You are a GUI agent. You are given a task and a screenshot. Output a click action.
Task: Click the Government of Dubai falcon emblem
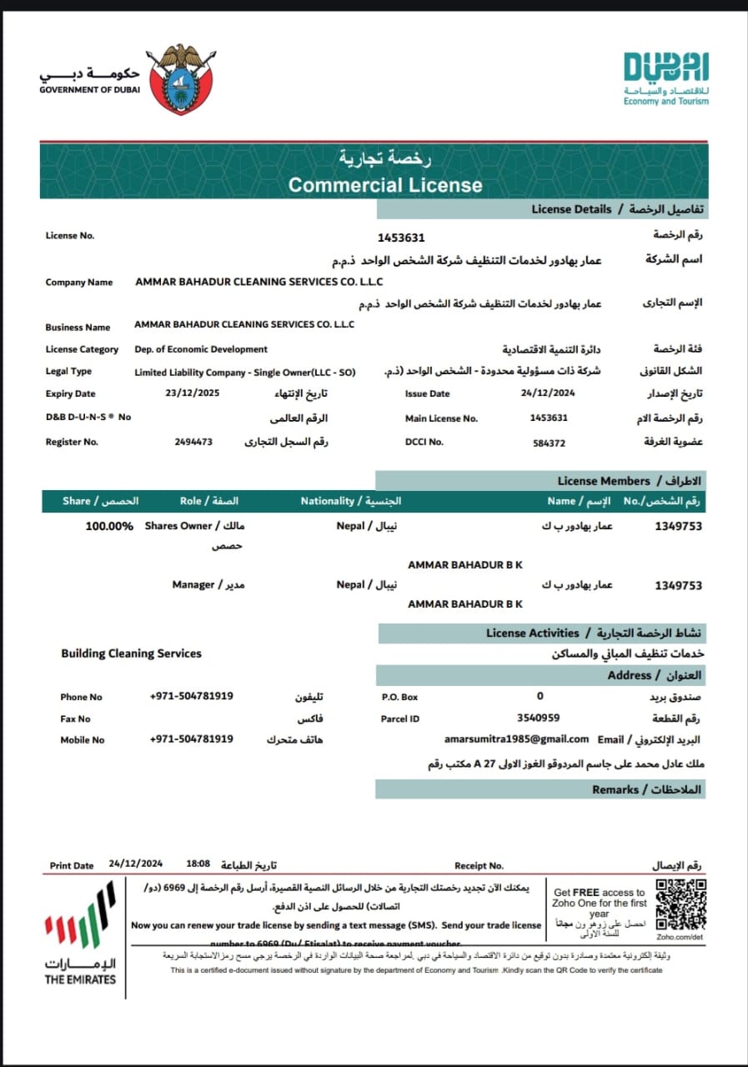click(x=181, y=80)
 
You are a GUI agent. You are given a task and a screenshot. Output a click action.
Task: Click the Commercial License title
click(x=385, y=184)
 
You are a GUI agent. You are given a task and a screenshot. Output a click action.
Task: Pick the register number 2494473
click(x=193, y=442)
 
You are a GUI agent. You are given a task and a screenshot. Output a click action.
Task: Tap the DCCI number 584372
click(x=549, y=443)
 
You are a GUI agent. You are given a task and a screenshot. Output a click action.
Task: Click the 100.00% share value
click(x=109, y=527)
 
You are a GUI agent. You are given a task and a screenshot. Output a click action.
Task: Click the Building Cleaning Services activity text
click(x=131, y=654)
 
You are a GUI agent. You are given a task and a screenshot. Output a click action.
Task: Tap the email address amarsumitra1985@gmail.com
click(x=517, y=739)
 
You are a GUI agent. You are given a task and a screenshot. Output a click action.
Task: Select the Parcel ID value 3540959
click(x=539, y=717)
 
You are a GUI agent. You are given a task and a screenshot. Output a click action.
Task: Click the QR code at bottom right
click(x=680, y=904)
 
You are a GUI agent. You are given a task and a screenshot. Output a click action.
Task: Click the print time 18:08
click(x=198, y=864)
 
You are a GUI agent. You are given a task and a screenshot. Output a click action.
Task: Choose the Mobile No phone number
click(x=191, y=739)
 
